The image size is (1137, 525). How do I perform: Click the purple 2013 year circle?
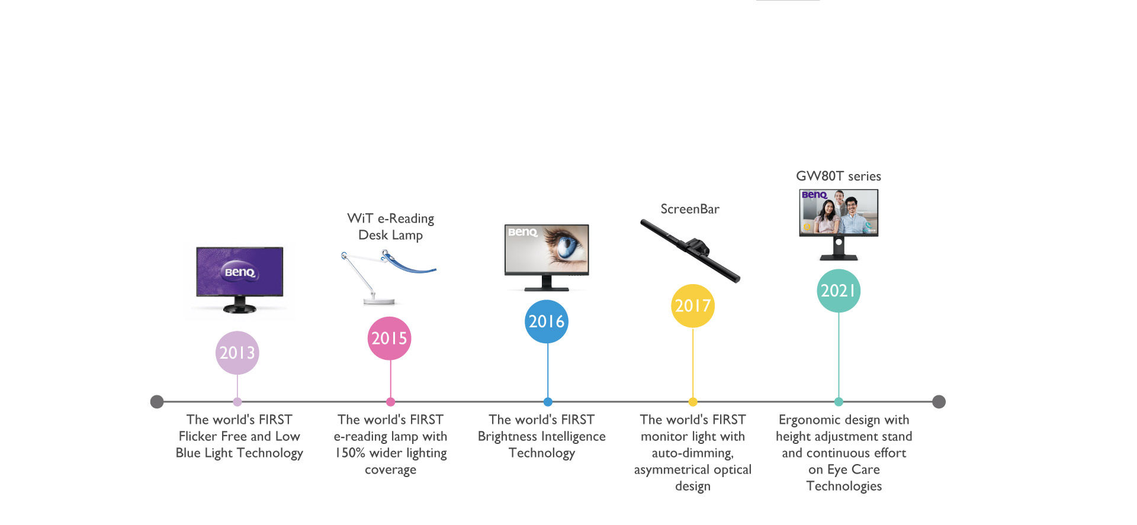pos(237,353)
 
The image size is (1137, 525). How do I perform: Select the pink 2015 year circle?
pos(389,339)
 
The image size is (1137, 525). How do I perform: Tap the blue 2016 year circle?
pos(547,321)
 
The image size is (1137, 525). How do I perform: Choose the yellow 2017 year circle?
pos(692,306)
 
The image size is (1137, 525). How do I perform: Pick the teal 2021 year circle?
pos(838,291)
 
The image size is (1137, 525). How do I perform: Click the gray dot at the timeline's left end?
pos(157,402)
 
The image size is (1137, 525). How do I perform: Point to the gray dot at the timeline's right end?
pos(939,402)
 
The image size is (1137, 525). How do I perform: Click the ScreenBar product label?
pos(690,209)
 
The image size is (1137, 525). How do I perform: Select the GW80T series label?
pos(838,176)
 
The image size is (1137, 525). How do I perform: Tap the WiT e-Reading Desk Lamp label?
pos(390,227)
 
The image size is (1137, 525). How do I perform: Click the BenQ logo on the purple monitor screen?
pos(240,272)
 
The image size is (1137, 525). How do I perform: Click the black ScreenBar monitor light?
pos(690,250)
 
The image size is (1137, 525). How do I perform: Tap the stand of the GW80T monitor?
pos(839,249)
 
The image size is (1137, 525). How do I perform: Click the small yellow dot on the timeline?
pos(693,402)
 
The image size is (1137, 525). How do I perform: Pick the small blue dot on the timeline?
pos(548,402)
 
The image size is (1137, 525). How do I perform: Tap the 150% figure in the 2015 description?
pos(350,453)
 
